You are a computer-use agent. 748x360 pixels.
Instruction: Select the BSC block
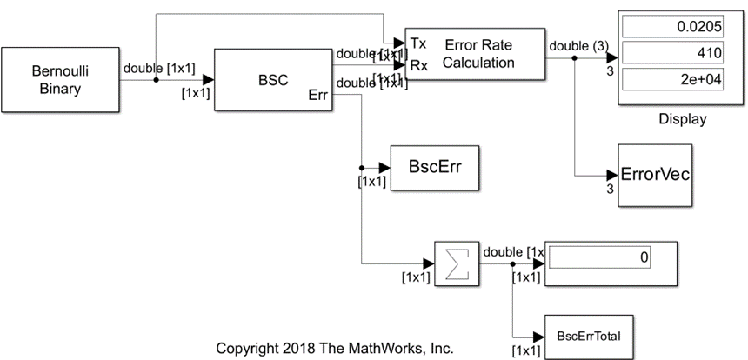266,79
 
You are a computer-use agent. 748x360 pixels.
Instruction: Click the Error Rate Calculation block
473,53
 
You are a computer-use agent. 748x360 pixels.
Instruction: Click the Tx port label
417,43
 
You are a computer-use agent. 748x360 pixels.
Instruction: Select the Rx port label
417,63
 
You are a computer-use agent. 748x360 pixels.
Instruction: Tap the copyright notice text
334,349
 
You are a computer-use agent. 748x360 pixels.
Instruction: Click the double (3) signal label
569,46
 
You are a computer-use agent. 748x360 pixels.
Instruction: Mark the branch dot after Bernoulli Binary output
156,80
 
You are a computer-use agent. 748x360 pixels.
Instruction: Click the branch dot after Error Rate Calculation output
575,59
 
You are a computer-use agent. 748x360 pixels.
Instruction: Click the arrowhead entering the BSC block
208,80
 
